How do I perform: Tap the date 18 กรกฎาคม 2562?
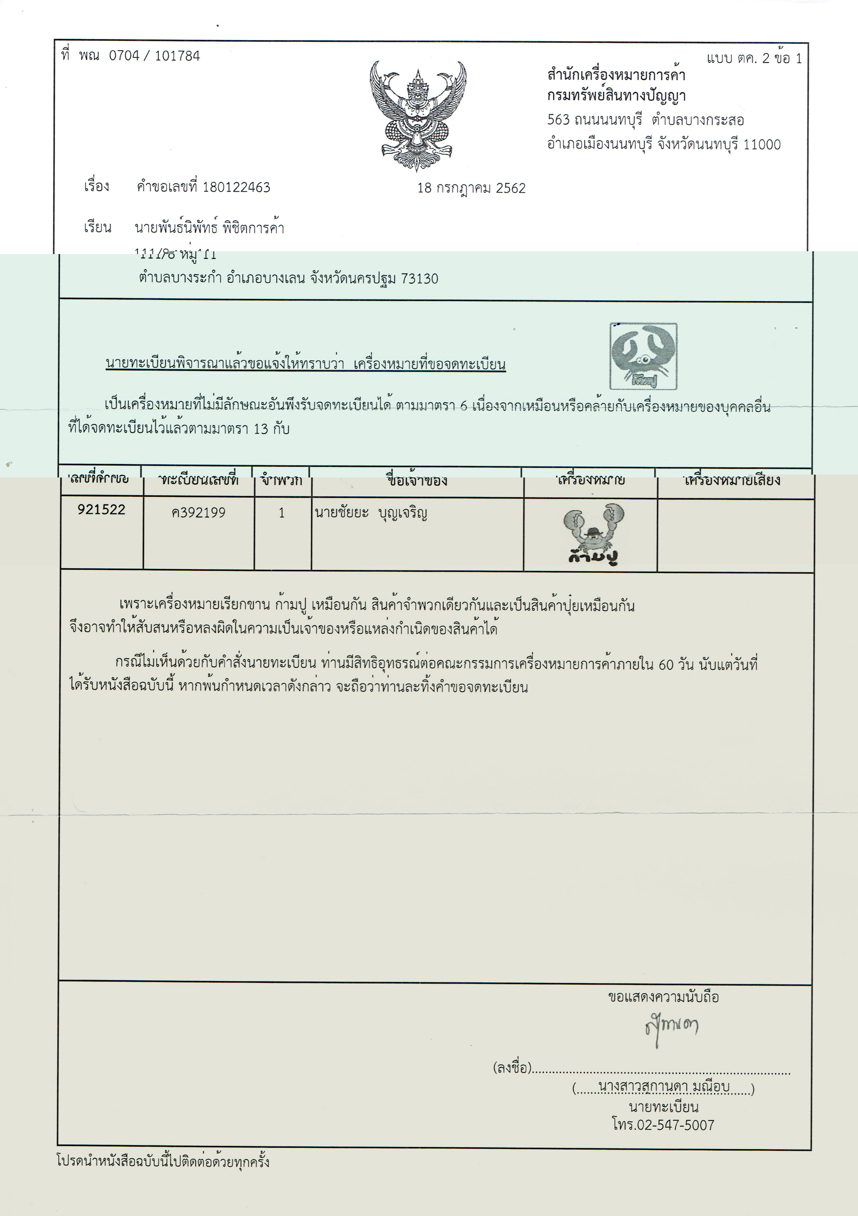click(x=471, y=188)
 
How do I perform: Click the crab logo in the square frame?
click(x=643, y=356)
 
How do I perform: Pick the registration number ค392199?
click(x=198, y=513)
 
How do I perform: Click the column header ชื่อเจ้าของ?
click(x=416, y=480)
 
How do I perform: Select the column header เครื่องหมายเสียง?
click(x=732, y=480)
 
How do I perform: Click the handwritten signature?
click(x=671, y=1028)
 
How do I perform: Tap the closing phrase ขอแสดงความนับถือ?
click(x=663, y=997)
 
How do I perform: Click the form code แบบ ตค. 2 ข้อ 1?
click(x=754, y=58)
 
